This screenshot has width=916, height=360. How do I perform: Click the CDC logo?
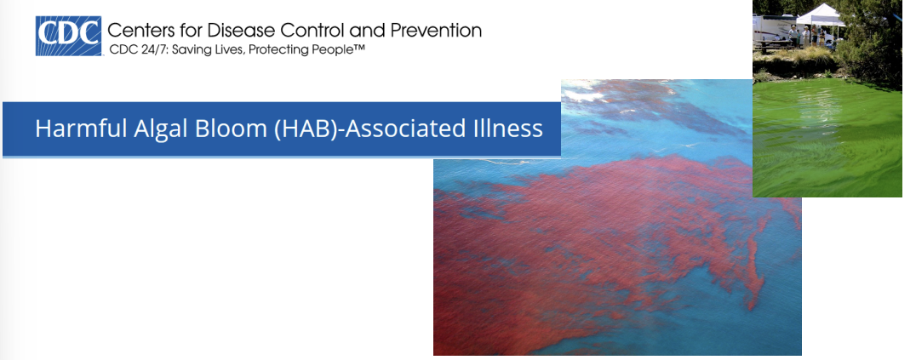click(68, 36)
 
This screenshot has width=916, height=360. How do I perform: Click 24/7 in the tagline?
click(152, 50)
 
